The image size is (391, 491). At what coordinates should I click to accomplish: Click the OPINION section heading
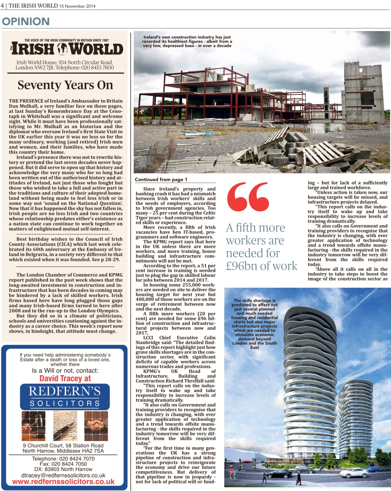(26, 21)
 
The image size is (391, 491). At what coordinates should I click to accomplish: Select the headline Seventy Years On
(65, 85)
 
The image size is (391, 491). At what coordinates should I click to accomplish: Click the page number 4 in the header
(2, 6)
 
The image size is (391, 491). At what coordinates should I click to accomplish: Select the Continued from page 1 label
(161, 180)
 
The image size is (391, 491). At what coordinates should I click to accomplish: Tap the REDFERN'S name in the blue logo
(65, 391)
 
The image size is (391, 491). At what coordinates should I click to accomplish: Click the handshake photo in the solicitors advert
(96, 426)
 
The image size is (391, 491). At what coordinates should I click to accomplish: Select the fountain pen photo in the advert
(65, 426)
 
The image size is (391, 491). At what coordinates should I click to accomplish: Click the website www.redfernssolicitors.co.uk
(63, 482)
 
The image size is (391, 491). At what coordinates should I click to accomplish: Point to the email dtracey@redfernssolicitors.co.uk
(63, 475)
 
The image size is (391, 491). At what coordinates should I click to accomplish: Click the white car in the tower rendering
(354, 473)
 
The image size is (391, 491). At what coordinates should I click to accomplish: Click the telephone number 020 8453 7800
(97, 68)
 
